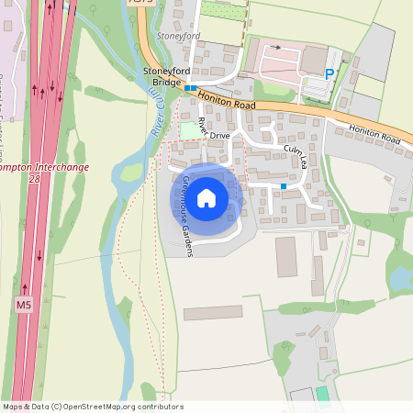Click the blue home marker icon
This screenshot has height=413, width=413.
[206, 197]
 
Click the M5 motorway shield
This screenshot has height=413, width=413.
[24, 303]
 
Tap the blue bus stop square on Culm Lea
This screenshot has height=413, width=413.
[284, 186]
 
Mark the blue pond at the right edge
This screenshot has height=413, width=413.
[401, 274]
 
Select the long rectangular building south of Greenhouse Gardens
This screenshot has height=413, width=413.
[213, 314]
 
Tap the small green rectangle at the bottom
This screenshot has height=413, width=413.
[321, 393]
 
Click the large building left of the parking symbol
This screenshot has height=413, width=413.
[314, 59]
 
